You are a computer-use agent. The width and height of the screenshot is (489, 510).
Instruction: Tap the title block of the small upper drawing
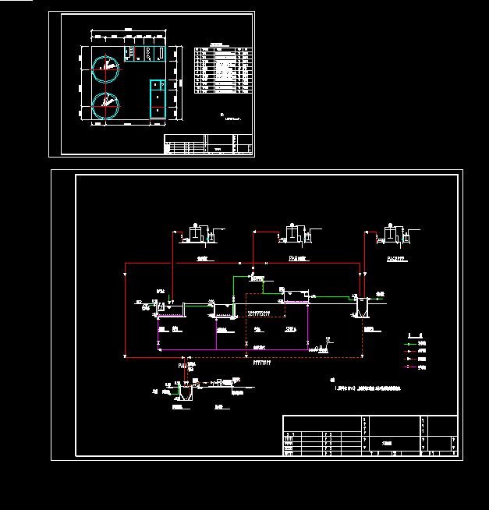(x=207, y=144)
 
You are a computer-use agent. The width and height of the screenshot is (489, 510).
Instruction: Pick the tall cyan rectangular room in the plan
(x=158, y=98)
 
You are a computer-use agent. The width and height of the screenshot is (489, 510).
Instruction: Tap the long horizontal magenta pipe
(x=234, y=350)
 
